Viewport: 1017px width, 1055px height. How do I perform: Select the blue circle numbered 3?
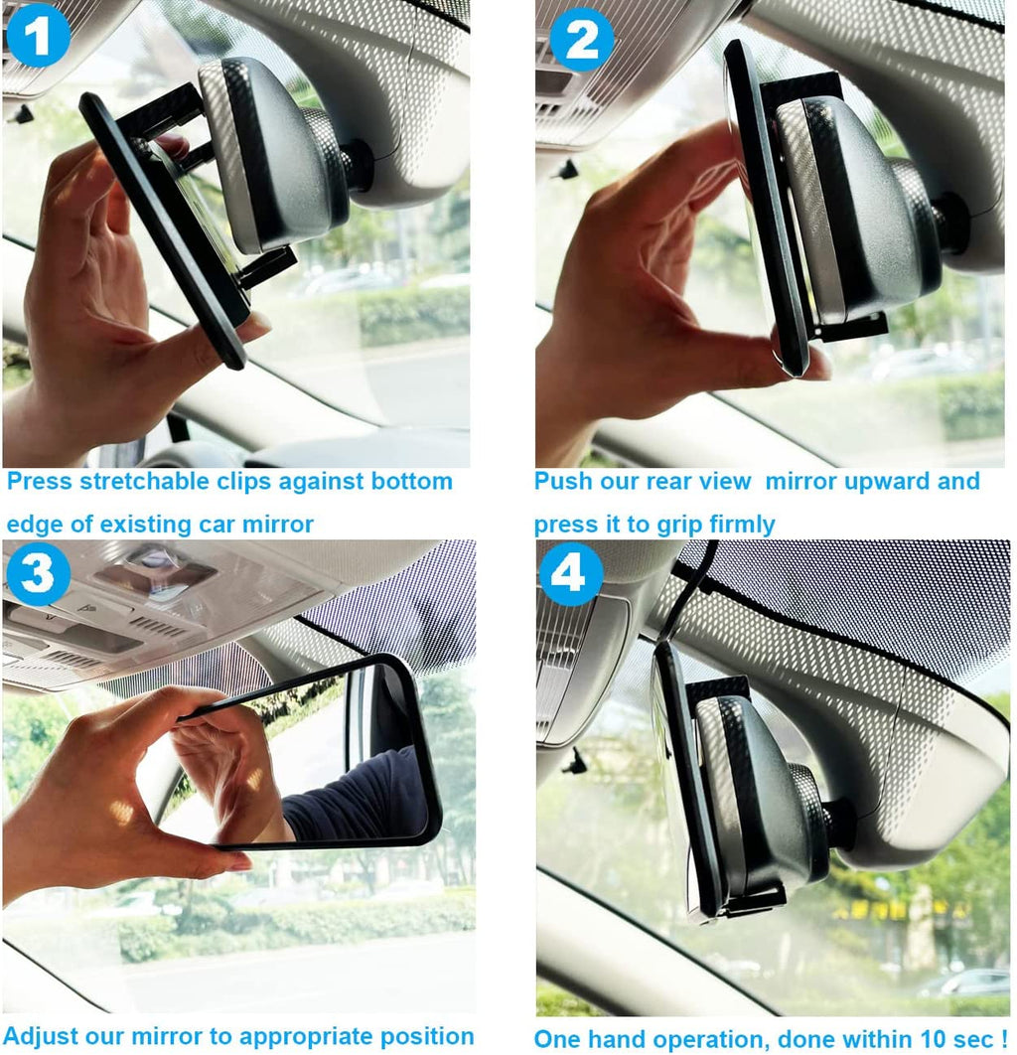38,573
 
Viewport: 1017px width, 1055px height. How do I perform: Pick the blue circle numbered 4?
570,573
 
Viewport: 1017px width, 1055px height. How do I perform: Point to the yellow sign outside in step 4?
899,909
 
